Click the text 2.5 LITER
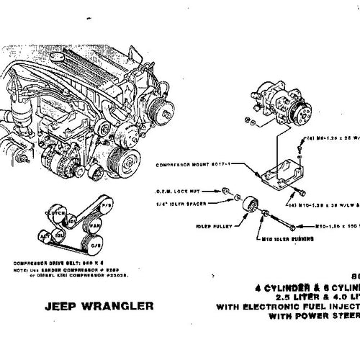[x=287, y=297]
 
